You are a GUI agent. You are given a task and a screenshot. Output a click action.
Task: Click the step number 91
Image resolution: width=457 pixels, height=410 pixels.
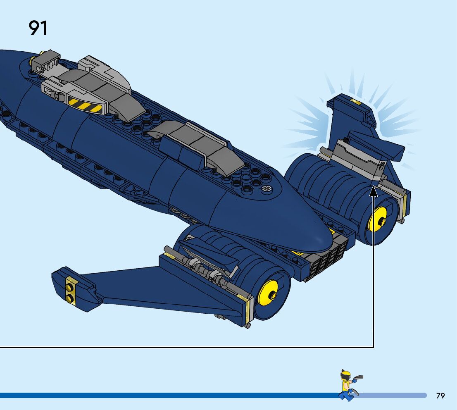38,28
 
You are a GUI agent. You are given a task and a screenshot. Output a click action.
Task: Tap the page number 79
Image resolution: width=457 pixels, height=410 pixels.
440,396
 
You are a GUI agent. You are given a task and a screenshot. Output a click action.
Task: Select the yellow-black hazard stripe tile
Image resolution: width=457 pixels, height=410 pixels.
85,106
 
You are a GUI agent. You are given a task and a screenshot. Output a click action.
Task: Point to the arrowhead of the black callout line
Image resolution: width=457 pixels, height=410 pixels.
373,191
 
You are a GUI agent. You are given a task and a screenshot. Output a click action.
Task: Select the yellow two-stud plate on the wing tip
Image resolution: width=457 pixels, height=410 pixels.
71,291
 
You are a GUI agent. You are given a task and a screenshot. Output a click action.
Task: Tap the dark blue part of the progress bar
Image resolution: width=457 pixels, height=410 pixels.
165,396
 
